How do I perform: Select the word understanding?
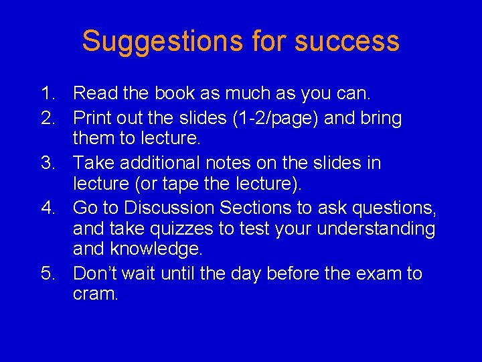[x=376, y=229]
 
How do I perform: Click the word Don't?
[x=94, y=274]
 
